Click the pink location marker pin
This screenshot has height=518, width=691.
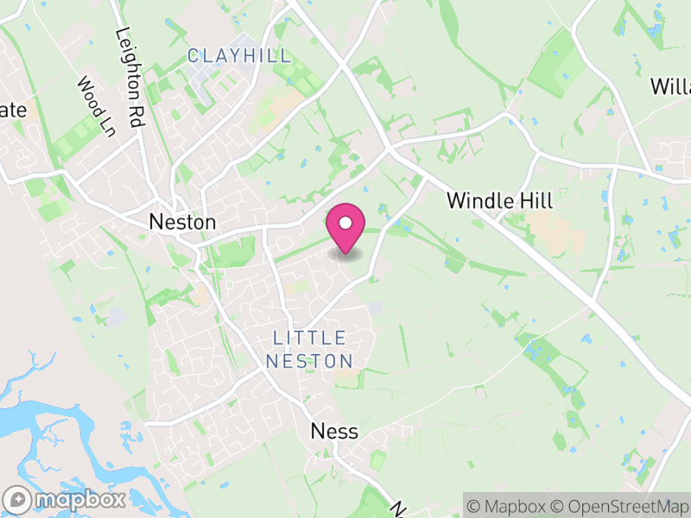(x=345, y=228)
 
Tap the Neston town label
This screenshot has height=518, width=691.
(x=182, y=222)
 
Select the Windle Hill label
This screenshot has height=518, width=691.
(x=499, y=200)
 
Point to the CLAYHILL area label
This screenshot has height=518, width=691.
(x=239, y=57)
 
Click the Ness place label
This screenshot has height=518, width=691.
(x=334, y=432)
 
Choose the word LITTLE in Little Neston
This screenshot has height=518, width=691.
(x=309, y=338)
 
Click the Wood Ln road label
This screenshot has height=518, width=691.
(x=96, y=107)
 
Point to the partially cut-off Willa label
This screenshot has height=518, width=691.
(x=670, y=86)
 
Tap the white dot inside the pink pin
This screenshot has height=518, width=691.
(x=345, y=223)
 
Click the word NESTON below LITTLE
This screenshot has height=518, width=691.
(x=309, y=361)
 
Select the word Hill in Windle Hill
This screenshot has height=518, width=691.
(x=534, y=200)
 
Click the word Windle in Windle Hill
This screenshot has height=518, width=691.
(x=478, y=200)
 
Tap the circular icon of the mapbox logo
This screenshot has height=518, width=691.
(x=17, y=499)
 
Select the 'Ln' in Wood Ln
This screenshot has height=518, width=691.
(x=107, y=126)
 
